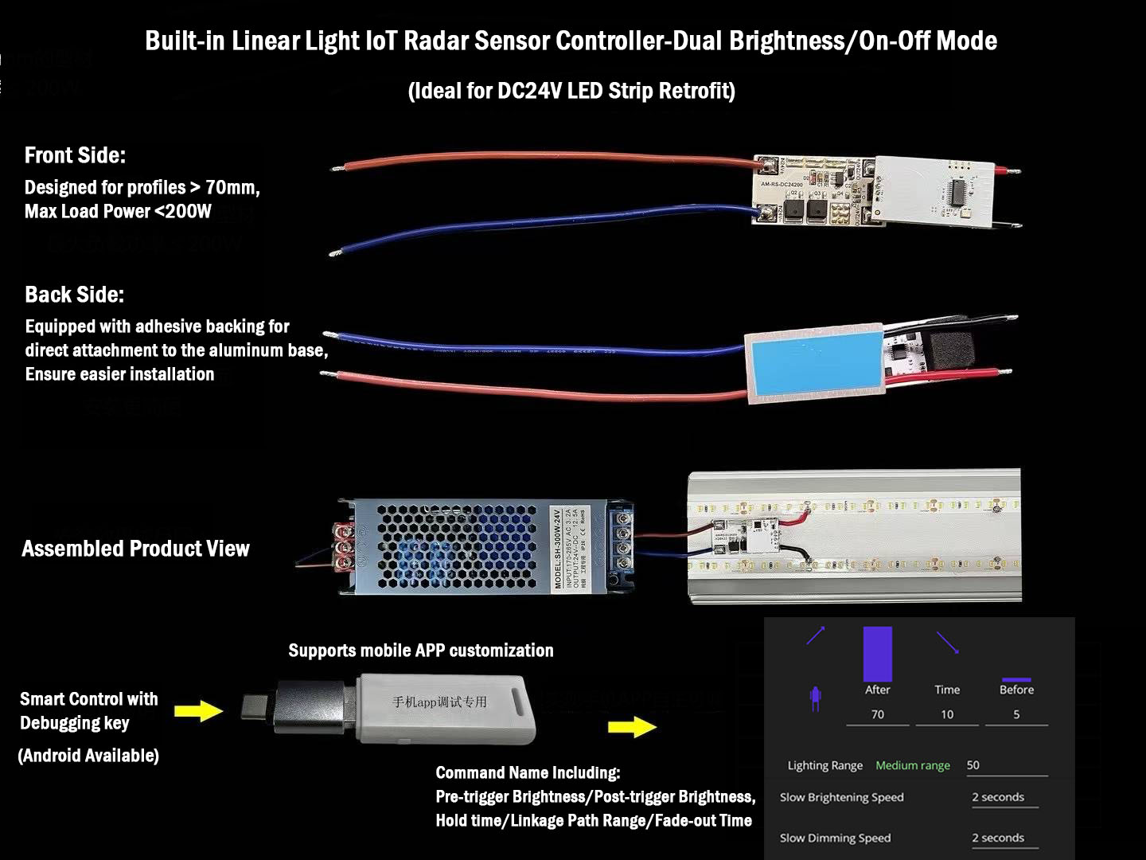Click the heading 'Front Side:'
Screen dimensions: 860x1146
click(x=75, y=155)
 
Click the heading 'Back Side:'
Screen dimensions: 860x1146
click(x=74, y=295)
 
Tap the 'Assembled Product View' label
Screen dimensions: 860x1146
click(x=135, y=549)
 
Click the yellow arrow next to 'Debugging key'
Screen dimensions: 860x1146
click(x=198, y=709)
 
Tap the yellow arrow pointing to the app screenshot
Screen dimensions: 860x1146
click(x=632, y=726)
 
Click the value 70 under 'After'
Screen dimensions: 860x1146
click(x=877, y=714)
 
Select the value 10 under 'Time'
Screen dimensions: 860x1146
click(x=947, y=714)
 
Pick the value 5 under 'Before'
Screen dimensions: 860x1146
click(x=1016, y=714)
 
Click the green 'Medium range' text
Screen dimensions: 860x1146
click(x=913, y=765)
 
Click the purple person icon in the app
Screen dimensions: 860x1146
click(x=814, y=698)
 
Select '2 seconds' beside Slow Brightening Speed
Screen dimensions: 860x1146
click(x=998, y=797)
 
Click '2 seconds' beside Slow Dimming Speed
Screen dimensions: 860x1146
click(x=998, y=838)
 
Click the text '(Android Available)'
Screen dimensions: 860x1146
click(x=88, y=756)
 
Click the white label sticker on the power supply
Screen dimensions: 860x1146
click(x=570, y=548)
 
